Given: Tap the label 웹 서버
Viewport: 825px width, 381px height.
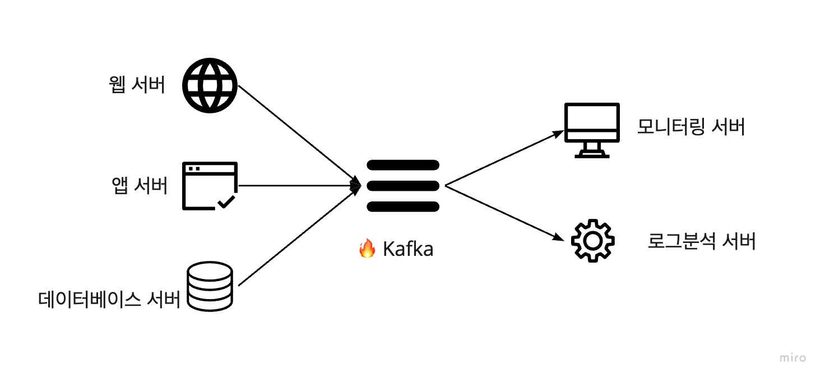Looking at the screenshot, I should tap(138, 85).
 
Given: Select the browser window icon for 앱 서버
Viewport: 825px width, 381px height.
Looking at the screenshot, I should tap(210, 186).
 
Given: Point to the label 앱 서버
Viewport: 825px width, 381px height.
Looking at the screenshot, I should tap(140, 186).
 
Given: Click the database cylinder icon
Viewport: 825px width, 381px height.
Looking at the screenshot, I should tap(209, 286).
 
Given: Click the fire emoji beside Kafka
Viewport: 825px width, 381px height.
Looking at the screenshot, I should tap(367, 248).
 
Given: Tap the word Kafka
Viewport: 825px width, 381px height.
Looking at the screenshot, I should tap(408, 249).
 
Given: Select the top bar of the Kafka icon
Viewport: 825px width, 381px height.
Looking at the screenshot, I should tap(402, 164).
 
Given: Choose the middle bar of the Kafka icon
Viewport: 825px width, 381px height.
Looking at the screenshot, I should tap(402, 186).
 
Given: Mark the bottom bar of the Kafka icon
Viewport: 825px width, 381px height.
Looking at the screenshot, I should tap(402, 206).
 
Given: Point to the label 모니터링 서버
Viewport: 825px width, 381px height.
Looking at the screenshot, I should tap(690, 127).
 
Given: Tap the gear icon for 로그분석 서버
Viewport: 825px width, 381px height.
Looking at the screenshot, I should tap(592, 241).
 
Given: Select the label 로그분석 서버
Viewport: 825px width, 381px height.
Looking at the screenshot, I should tap(702, 241).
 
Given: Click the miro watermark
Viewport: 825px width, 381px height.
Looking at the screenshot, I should tap(792, 358).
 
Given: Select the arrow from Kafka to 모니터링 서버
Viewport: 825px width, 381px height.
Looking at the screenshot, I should tap(504, 158).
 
